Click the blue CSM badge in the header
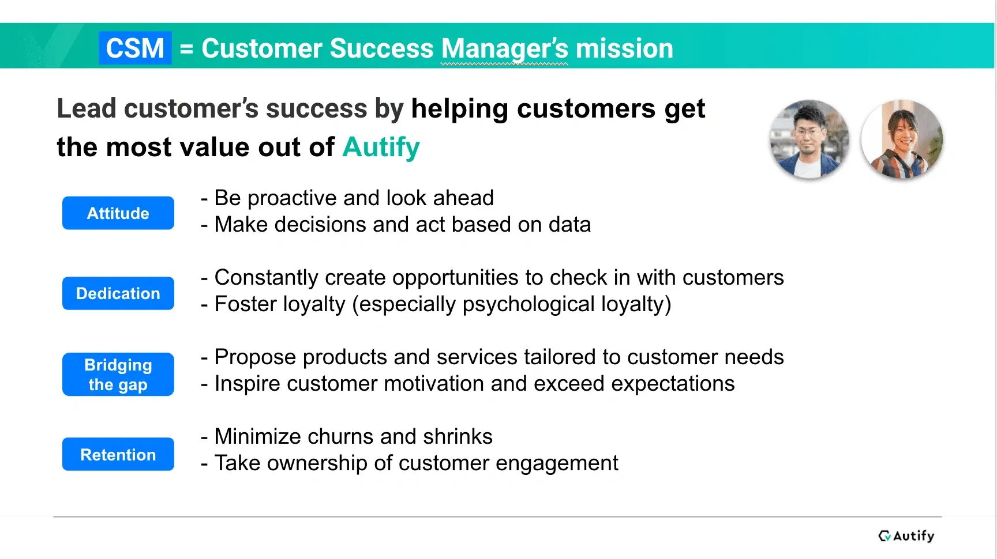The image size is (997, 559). pos(135,48)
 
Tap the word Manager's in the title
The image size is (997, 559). pos(505,49)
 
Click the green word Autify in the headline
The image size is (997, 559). pos(381,148)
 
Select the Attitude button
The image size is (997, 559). pos(118,213)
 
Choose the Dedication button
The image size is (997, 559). pos(118,293)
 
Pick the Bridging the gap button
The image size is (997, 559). pos(118,375)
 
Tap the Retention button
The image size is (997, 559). pos(118,455)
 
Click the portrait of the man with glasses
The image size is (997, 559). pos(809,139)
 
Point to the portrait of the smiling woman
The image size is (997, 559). pos(902,139)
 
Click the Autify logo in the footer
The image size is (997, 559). pos(906,536)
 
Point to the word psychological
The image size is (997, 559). pos(529,304)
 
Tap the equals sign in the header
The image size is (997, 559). pos(186,48)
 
